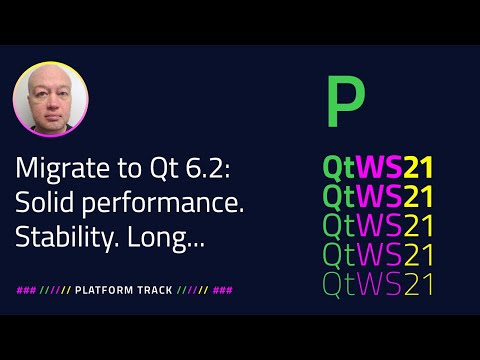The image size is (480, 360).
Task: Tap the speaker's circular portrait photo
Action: pyautogui.click(x=50, y=100)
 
